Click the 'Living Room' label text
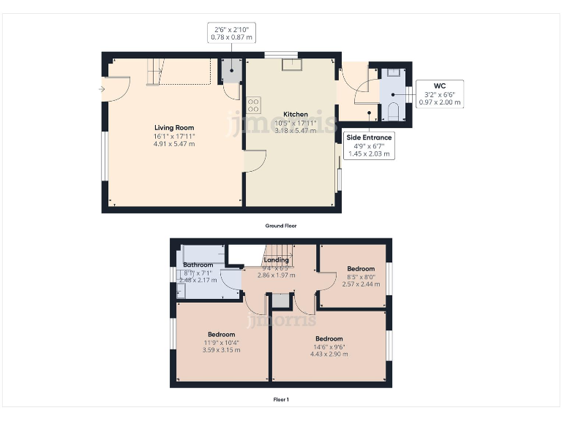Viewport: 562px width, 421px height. [x=174, y=128]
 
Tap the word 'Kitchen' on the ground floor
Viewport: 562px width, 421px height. [x=296, y=115]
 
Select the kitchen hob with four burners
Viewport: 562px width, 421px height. [x=254, y=105]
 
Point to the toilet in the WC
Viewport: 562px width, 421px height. [x=393, y=112]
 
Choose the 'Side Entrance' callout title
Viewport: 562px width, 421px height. [x=368, y=137]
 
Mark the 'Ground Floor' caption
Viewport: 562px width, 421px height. [x=281, y=226]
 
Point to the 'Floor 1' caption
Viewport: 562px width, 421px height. [x=281, y=400]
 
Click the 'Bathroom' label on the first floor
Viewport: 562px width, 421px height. [x=198, y=265]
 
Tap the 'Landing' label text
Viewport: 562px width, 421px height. [x=277, y=259]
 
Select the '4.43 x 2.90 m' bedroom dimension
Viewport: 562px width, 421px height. [x=329, y=354]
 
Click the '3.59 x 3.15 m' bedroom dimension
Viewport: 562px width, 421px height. [x=221, y=350]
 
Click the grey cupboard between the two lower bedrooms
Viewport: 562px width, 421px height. [x=281, y=300]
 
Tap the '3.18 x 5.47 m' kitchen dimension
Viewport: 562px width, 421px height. [x=296, y=131]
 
